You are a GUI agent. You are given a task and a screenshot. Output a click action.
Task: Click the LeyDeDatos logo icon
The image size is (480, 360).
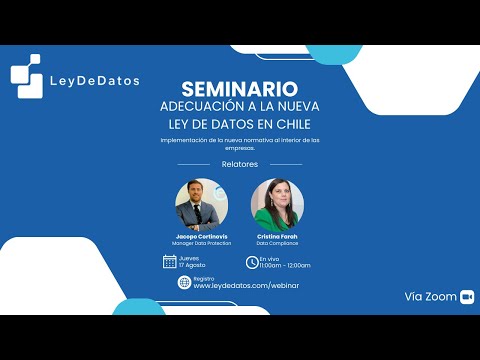[x=26, y=76]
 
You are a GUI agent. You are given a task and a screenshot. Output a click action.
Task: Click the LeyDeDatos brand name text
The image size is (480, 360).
[x=94, y=80]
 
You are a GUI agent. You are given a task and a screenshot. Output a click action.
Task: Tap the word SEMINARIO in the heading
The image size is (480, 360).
[x=239, y=89]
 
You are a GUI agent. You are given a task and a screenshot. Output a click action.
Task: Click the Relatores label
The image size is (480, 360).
[x=239, y=163]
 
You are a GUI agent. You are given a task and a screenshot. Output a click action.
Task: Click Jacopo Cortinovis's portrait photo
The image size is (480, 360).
[x=201, y=205]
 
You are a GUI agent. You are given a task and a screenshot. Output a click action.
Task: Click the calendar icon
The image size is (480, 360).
[x=170, y=262]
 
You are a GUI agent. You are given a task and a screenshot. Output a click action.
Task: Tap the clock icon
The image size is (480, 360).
[x=251, y=262]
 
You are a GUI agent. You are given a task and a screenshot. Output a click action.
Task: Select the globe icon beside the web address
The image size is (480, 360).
[x=183, y=282]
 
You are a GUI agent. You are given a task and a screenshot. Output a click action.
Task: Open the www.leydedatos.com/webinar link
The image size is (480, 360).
[x=246, y=286]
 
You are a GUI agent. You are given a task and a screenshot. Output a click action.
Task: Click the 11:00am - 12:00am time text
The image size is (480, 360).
[x=285, y=266]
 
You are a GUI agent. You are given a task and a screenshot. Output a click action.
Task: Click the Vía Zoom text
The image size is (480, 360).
[x=430, y=297]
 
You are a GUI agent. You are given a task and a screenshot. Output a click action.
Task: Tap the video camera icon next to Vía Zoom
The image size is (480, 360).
[x=466, y=297]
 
